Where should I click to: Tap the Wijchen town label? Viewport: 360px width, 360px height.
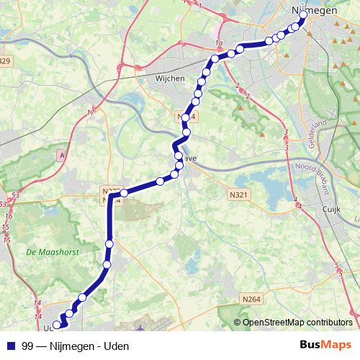click(169, 78)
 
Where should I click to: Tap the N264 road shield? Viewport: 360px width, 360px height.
click(251, 299)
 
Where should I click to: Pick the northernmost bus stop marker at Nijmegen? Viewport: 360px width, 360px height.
click(304, 14)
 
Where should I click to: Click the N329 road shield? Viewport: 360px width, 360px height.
click(6, 60)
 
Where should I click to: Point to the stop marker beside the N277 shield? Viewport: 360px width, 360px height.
click(124, 192)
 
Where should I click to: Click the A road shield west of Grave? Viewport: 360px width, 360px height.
click(62, 155)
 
